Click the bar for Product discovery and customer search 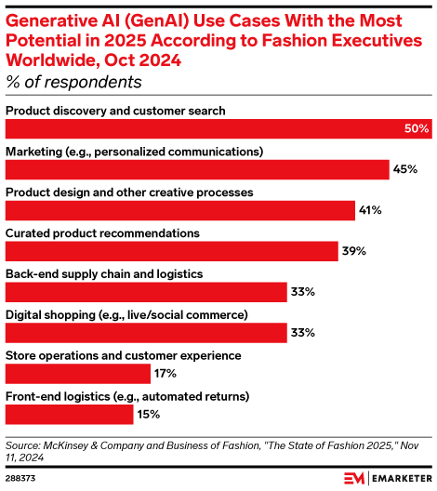(x=218, y=128)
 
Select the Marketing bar (x=197, y=169)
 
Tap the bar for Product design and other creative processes (x=180, y=210)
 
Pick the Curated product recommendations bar (x=172, y=251)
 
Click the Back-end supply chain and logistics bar (x=146, y=292)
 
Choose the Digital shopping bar (x=146, y=333)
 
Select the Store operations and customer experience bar (x=78, y=374)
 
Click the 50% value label (x=416, y=128)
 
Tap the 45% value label (x=404, y=169)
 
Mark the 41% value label (x=370, y=210)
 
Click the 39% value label (x=353, y=251)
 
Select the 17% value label (x=166, y=374)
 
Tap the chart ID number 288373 (x=22, y=477)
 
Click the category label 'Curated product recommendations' (x=102, y=232)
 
